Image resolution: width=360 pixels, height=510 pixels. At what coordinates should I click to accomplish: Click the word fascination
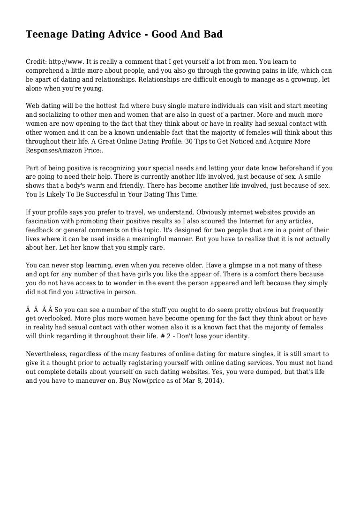pos(44,221)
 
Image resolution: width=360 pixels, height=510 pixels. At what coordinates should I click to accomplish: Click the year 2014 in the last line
pos(211,381)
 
